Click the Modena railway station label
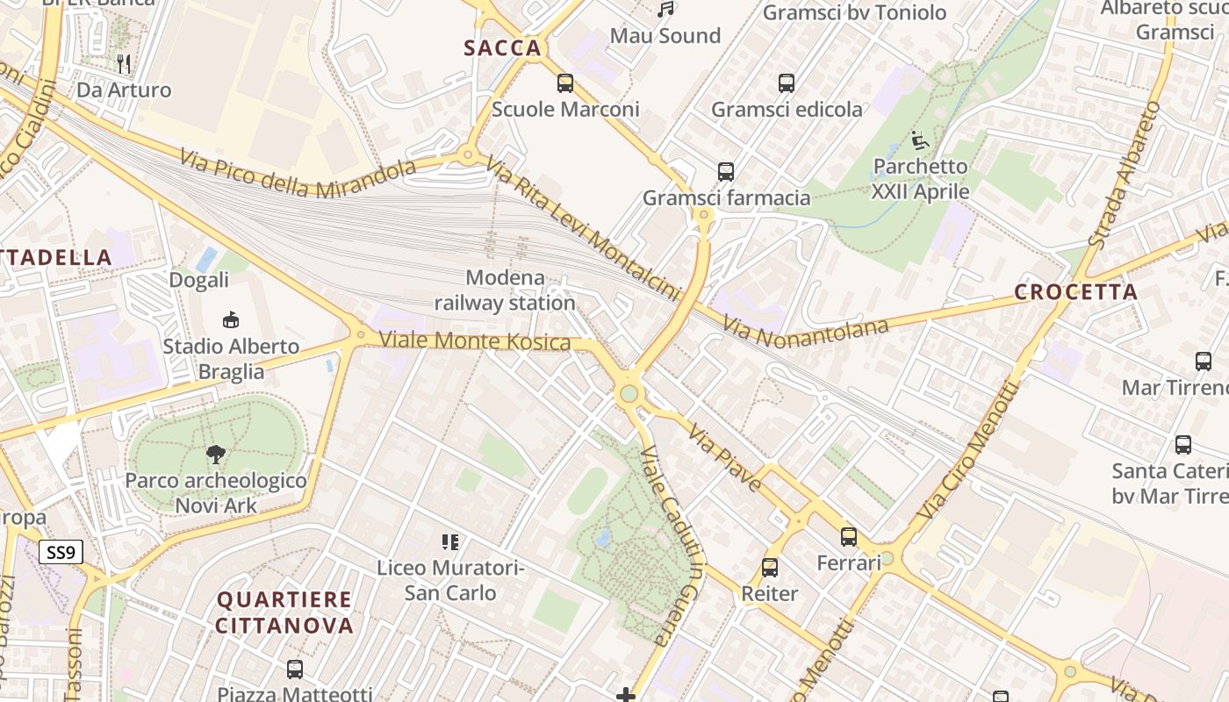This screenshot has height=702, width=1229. click(505, 290)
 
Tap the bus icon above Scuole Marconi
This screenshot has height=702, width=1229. click(565, 83)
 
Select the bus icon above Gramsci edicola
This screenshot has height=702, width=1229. click(787, 83)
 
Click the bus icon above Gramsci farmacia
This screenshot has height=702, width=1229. click(726, 172)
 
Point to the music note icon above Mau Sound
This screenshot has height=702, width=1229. click(666, 10)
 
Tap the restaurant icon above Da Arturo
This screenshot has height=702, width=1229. click(124, 63)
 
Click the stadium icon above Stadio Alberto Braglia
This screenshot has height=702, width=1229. click(231, 319)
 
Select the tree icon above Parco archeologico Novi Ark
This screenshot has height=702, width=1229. click(216, 454)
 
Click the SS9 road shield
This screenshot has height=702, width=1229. click(62, 552)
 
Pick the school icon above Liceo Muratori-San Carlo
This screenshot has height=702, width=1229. click(450, 541)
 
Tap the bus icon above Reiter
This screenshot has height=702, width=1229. click(770, 568)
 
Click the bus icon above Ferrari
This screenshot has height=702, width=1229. click(849, 537)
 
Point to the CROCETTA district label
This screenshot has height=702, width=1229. click(1075, 292)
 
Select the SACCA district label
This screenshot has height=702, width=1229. click(503, 48)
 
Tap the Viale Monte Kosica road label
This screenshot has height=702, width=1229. click(475, 340)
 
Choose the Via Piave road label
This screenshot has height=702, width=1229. click(725, 457)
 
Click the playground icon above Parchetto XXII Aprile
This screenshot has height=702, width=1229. click(920, 140)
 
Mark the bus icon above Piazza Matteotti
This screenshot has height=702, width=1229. click(295, 670)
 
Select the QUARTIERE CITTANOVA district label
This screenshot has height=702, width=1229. click(284, 612)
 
